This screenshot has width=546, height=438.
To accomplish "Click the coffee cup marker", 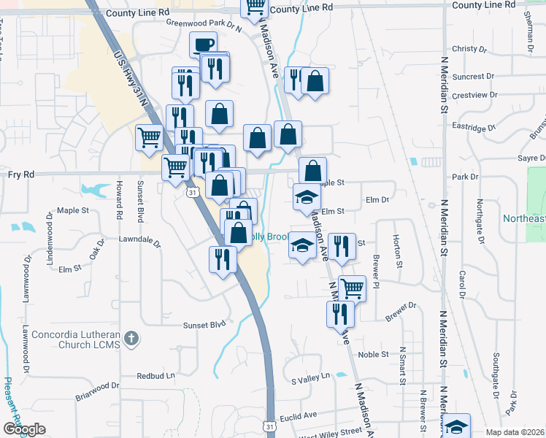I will [x=203, y=45].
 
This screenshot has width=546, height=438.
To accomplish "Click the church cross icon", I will [x=131, y=337].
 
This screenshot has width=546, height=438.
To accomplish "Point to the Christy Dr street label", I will [x=469, y=49].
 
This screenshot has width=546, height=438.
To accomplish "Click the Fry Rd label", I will [x=21, y=174].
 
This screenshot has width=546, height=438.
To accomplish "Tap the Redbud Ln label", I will [x=156, y=376].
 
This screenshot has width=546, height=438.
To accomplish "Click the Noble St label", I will [x=373, y=355].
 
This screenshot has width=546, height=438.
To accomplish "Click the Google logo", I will [x=23, y=429].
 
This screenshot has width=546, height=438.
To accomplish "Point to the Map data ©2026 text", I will [x=515, y=432].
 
